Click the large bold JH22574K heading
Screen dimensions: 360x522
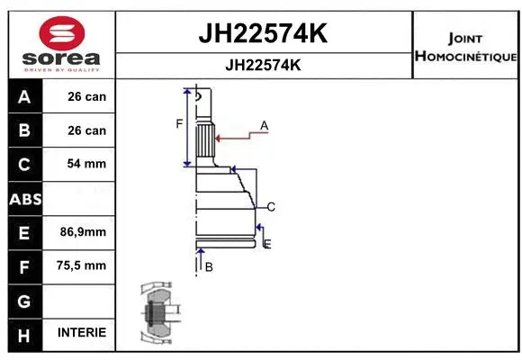pyautogui.click(x=262, y=34)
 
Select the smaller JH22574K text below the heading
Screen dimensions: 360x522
pyautogui.click(x=262, y=65)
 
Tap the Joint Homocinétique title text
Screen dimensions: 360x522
pyautogui.click(x=465, y=47)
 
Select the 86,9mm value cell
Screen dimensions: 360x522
pyautogui.click(x=82, y=231)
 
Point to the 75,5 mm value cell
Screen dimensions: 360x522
pyautogui.click(x=82, y=265)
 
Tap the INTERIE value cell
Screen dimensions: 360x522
pyautogui.click(x=82, y=332)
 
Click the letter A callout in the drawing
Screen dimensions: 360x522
pyautogui.click(x=265, y=124)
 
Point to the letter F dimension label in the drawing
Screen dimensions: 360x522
pyautogui.click(x=179, y=123)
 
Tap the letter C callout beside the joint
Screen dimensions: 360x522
pyautogui.click(x=270, y=207)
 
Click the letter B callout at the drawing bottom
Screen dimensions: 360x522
pyautogui.click(x=209, y=267)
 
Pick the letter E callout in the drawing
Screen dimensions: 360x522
pyautogui.click(x=267, y=244)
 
